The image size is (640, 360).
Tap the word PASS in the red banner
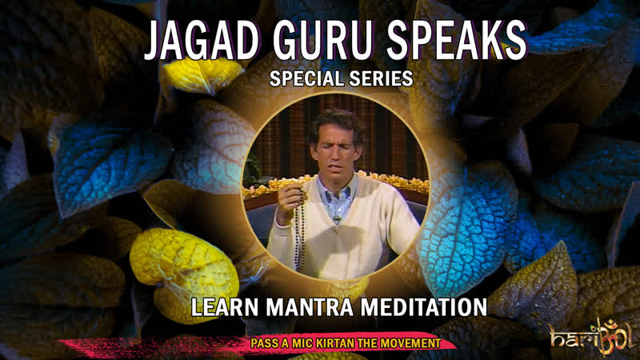point(265,343)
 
